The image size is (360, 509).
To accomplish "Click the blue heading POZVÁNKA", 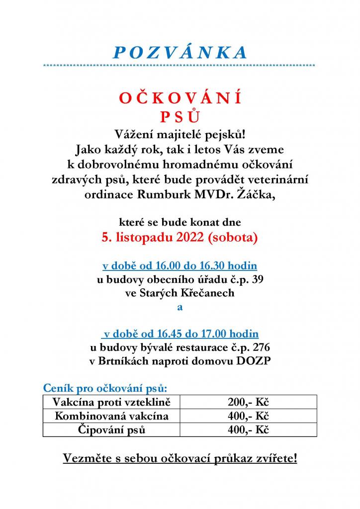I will [180, 53].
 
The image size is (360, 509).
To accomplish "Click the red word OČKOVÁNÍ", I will [180, 99].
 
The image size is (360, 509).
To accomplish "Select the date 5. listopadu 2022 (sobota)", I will [180, 238].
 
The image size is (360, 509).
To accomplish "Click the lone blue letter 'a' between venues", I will [180, 307].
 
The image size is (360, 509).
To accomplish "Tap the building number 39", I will [258, 279].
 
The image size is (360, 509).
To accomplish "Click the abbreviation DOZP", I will [253, 361].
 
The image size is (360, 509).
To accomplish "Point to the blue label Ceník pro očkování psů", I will [105, 387].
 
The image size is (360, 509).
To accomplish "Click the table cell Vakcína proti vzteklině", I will [112, 402].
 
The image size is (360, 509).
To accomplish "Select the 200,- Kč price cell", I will [248, 402].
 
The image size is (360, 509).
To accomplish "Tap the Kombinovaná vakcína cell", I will [112, 416].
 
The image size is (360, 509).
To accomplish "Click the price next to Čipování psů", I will [248, 429].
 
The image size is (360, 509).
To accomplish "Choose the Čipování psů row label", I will [112, 429].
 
